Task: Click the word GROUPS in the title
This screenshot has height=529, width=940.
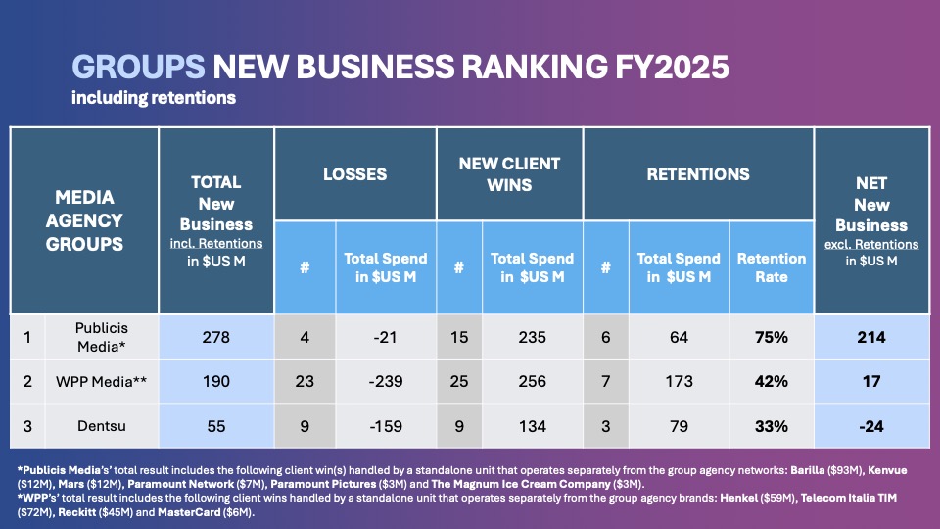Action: tap(138, 67)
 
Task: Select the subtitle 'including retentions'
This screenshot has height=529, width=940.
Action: tap(153, 98)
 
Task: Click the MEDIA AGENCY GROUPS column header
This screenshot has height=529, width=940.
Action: tap(84, 220)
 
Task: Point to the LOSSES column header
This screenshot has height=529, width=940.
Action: tap(354, 174)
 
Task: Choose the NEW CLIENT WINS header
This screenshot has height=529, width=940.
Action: tap(509, 174)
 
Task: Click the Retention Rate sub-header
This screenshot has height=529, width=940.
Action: tap(772, 267)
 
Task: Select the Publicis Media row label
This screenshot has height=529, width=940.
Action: tap(102, 337)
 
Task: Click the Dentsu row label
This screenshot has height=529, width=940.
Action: tap(102, 426)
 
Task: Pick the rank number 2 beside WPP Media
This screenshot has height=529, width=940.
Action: tap(27, 381)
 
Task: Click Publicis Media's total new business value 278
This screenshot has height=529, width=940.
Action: tap(215, 337)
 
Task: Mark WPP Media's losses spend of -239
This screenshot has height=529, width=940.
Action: tap(385, 381)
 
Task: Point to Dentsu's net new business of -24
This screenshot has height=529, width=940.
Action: tap(870, 426)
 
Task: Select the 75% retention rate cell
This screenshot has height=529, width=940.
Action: tap(772, 337)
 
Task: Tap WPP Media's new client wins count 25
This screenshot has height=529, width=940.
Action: tap(458, 381)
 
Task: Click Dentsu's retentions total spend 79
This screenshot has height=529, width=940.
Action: tap(679, 426)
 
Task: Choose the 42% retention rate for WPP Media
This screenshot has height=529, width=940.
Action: tap(772, 381)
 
